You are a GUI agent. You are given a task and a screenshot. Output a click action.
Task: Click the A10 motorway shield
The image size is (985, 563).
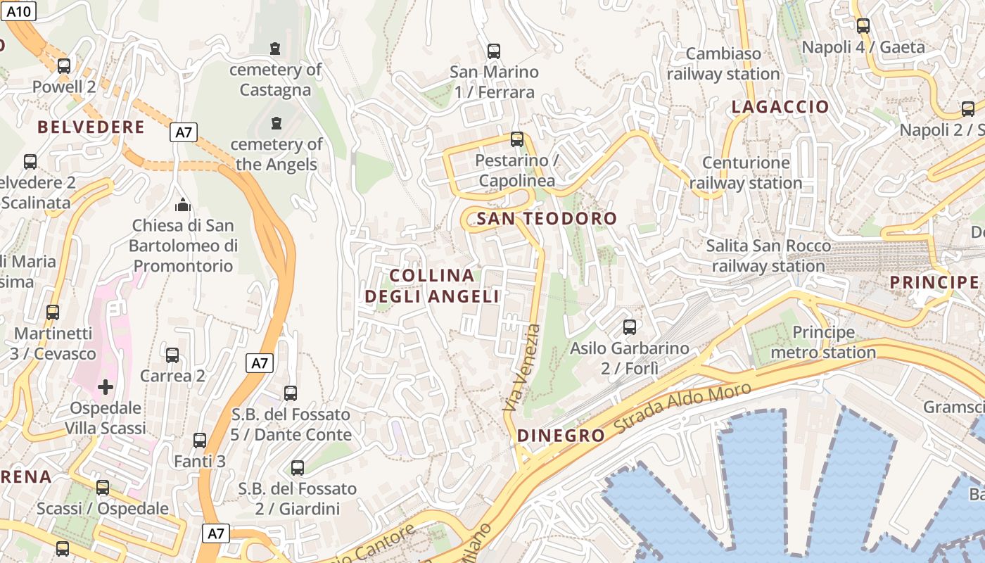click(18, 11)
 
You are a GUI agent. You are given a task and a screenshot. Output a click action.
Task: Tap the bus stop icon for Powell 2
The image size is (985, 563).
click(64, 66)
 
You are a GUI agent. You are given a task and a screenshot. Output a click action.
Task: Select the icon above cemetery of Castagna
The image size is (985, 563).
click(275, 49)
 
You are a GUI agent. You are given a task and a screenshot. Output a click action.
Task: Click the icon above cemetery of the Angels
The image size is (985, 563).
click(276, 123)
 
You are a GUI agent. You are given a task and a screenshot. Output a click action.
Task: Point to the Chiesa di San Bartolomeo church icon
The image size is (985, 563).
click(183, 205)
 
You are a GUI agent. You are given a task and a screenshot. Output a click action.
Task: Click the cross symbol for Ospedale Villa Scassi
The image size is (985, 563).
click(106, 386)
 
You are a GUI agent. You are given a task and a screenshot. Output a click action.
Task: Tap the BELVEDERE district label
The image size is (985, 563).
click(91, 127)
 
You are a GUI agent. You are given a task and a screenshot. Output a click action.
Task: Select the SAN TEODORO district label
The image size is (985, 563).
click(547, 219)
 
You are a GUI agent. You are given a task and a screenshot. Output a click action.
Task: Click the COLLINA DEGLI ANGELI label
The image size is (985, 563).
click(432, 286)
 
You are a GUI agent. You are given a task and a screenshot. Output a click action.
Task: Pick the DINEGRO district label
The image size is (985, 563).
click(561, 436)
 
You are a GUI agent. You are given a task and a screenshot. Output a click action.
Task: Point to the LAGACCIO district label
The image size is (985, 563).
click(780, 107)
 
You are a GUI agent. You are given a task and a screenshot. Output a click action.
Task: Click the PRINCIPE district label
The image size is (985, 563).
click(934, 283)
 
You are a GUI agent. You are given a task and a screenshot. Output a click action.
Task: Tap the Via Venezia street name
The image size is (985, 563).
click(521, 367)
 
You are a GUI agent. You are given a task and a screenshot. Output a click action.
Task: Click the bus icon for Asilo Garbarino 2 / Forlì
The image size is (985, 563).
click(630, 327)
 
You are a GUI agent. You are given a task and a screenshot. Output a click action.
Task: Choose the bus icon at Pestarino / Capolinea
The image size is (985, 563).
click(517, 139)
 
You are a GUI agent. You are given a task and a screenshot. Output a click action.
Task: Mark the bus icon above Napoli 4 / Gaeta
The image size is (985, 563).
click(863, 26)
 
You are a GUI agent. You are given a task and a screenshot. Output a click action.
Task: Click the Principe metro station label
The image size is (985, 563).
click(824, 342)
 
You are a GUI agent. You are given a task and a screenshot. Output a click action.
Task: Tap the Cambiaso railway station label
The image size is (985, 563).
click(723, 63)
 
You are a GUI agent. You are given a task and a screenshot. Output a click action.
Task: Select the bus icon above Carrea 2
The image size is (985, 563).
click(172, 355)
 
